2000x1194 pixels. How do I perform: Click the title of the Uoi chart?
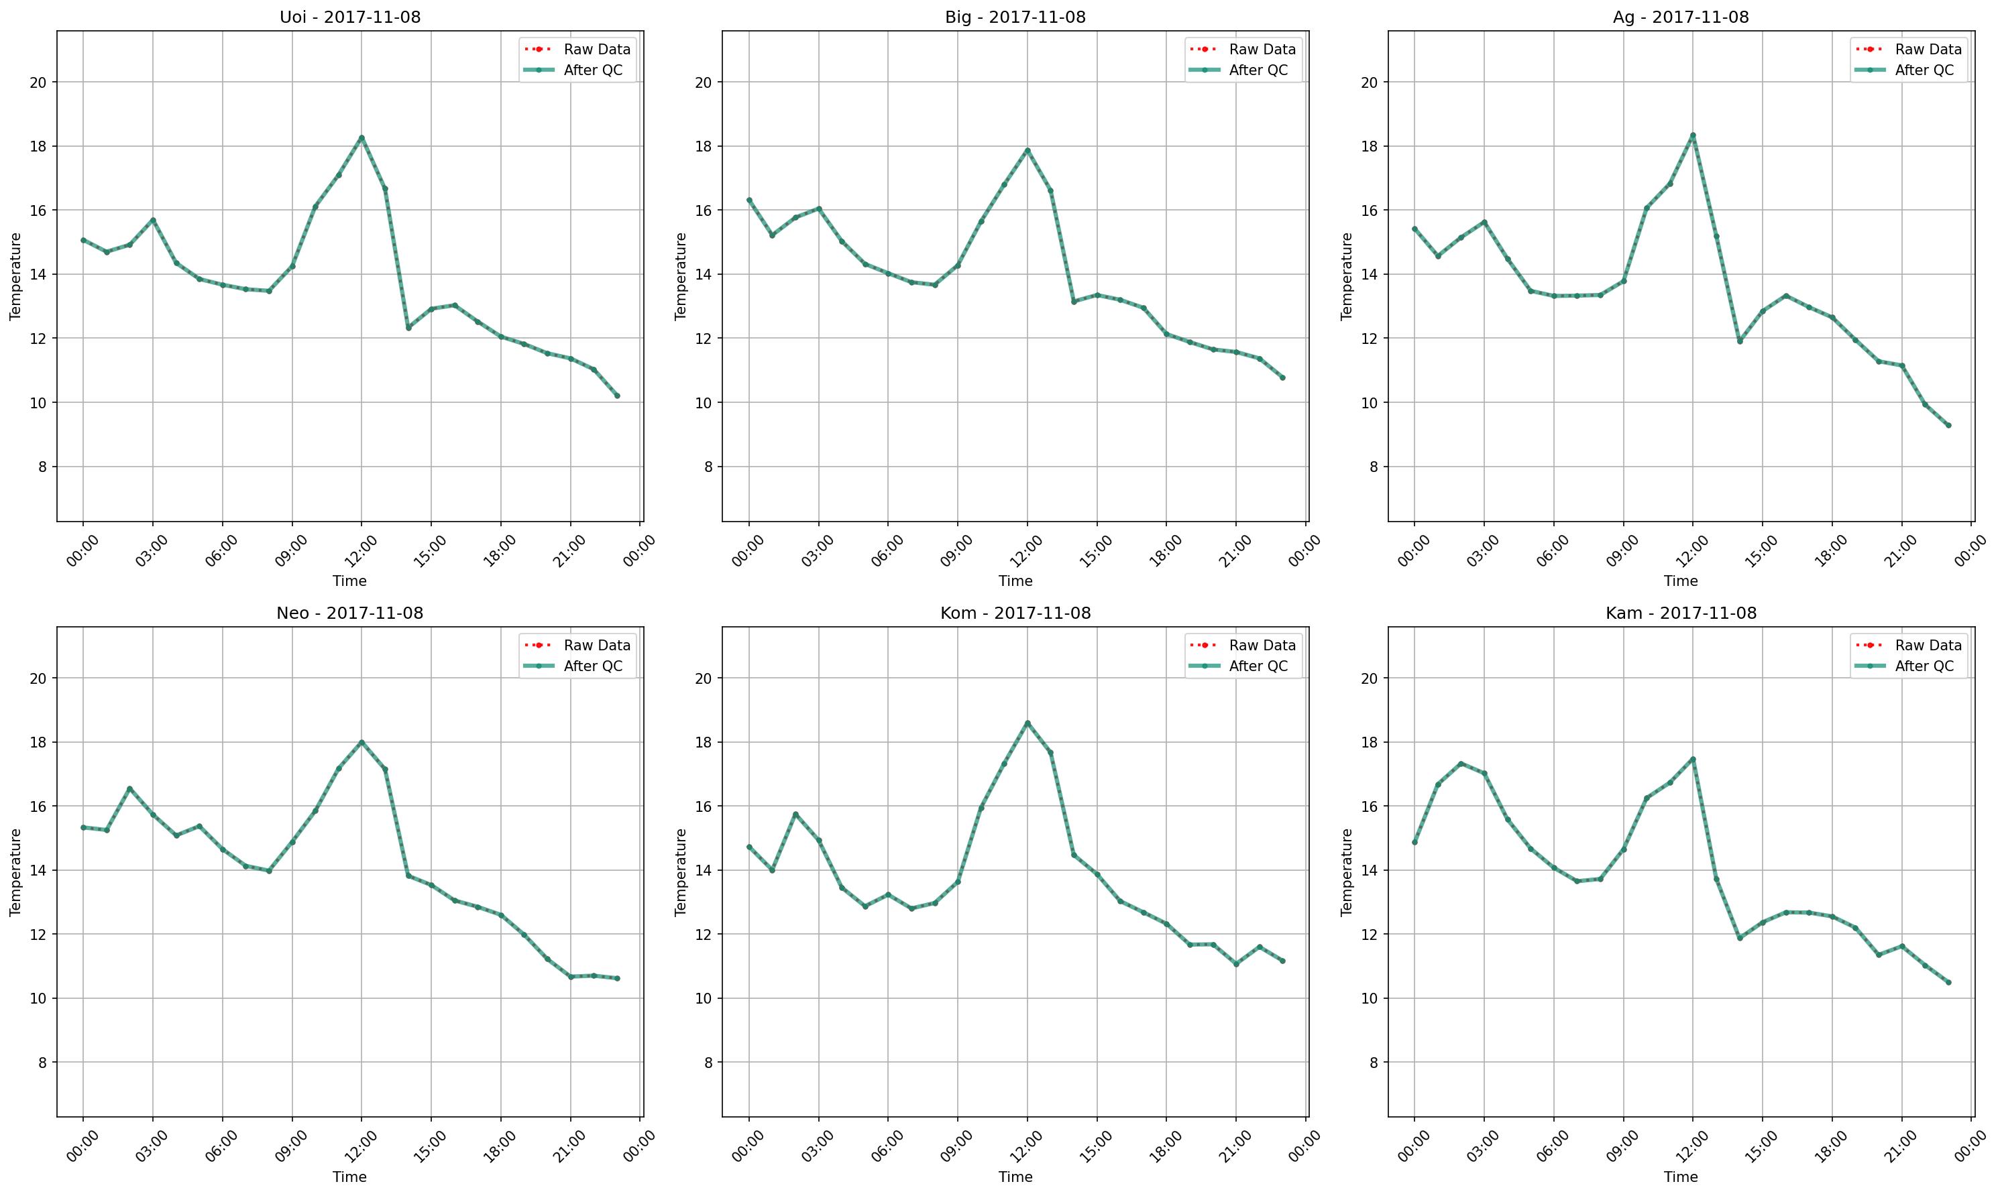click(x=349, y=17)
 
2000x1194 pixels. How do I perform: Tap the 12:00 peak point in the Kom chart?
click(x=1027, y=723)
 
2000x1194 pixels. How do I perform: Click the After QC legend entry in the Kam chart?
click(x=1924, y=666)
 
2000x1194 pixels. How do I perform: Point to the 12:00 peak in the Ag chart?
click(x=1693, y=135)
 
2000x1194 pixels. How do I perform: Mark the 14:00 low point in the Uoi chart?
click(x=408, y=327)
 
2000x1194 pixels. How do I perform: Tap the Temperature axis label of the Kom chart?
click(x=681, y=872)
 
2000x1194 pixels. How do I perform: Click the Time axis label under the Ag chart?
click(x=1681, y=581)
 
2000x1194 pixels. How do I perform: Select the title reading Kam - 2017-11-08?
click(x=1681, y=613)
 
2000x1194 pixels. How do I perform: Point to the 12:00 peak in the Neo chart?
click(x=362, y=742)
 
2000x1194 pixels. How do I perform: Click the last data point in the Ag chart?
click(x=1948, y=425)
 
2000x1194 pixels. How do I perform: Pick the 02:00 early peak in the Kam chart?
click(x=1461, y=764)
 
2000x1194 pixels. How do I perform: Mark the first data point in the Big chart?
click(x=749, y=200)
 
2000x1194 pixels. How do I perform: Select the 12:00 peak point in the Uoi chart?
click(x=362, y=137)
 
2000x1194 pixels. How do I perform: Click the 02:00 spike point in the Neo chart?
click(x=129, y=788)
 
